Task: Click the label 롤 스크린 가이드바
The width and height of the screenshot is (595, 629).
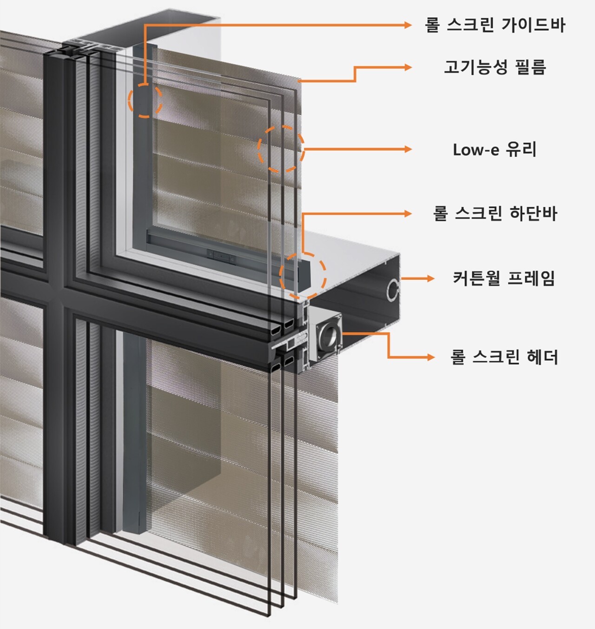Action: [x=495, y=25]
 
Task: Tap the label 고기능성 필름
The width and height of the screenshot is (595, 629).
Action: [x=495, y=67]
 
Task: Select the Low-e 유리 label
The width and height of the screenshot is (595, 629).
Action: [x=495, y=150]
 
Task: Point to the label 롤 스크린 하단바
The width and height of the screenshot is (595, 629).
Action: [x=495, y=214]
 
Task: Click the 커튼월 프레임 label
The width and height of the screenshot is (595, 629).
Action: [x=503, y=278]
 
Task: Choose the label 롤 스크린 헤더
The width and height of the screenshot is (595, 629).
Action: [x=504, y=357]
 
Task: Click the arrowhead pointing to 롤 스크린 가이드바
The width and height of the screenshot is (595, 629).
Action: [x=408, y=25]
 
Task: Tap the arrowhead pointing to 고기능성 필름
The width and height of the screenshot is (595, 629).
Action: [x=408, y=67]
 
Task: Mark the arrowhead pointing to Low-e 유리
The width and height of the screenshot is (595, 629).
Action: [x=408, y=149]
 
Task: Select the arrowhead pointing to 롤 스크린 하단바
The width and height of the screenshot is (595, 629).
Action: [x=408, y=214]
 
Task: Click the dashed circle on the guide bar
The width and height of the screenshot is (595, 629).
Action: [x=145, y=100]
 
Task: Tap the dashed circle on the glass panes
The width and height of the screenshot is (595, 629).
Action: [x=281, y=149]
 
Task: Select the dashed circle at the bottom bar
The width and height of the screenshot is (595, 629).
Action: [x=303, y=276]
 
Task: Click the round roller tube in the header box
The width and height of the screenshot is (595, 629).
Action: [x=329, y=337]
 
